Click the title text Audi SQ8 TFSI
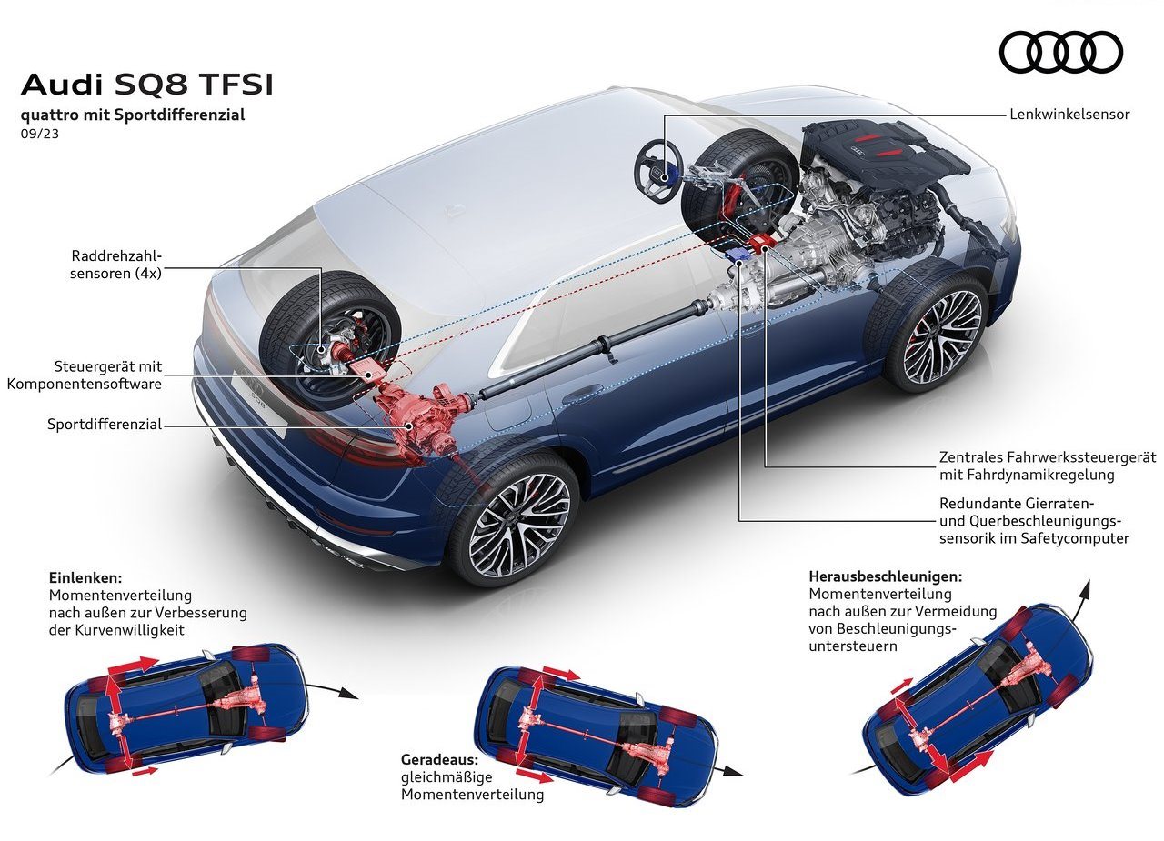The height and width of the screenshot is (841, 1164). pyautogui.click(x=147, y=85)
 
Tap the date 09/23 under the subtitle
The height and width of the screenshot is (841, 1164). pyautogui.click(x=40, y=134)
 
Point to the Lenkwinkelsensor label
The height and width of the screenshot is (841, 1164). pyautogui.click(x=1069, y=115)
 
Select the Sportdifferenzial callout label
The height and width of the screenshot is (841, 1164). pyautogui.click(x=105, y=425)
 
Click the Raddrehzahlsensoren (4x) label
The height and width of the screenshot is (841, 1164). pyautogui.click(x=115, y=265)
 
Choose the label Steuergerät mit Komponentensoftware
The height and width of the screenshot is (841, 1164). pyautogui.click(x=85, y=375)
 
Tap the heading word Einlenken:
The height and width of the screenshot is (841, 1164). pyautogui.click(x=85, y=578)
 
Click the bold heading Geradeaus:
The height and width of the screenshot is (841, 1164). pyautogui.click(x=439, y=759)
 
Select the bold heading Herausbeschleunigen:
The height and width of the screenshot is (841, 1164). pyautogui.click(x=886, y=576)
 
